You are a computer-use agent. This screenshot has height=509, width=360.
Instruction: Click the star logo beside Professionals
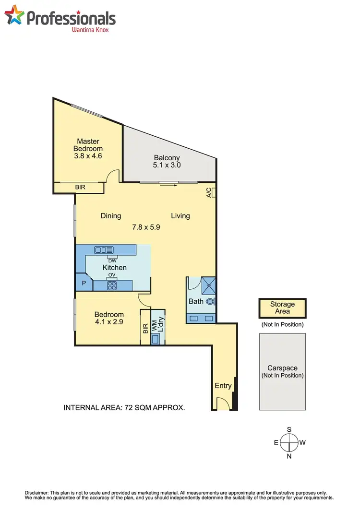pyautogui.click(x=14, y=15)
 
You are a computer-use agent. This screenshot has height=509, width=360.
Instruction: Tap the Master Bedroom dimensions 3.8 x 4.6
pyautogui.click(x=88, y=156)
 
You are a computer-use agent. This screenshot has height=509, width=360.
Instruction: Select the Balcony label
pyautogui.click(x=167, y=158)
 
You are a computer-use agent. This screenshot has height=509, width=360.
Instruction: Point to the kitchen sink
pyautogui.click(x=104, y=249)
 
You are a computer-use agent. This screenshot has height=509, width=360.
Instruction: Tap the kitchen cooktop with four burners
pyautogui.click(x=112, y=285)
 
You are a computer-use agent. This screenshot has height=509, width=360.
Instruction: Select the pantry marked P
pyautogui.click(x=84, y=284)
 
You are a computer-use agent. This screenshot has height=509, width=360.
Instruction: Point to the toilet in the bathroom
pyautogui.click(x=211, y=302)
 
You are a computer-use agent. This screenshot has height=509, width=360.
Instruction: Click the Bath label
pyautogui.click(x=196, y=302)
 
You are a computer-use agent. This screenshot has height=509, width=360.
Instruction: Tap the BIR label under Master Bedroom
pyautogui.click(x=80, y=188)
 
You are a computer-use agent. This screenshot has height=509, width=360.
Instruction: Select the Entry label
pyautogui.click(x=223, y=385)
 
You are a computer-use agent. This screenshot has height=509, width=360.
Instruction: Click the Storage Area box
pyautogui.click(x=282, y=308)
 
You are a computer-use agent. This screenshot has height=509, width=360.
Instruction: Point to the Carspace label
pyautogui.click(x=282, y=368)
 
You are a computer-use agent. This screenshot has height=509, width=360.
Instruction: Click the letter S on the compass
pyautogui.click(x=289, y=429)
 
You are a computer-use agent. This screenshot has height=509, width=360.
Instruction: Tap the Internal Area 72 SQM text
pyautogui.click(x=124, y=408)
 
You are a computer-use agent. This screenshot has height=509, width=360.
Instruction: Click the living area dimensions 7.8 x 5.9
pyautogui.click(x=146, y=227)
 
